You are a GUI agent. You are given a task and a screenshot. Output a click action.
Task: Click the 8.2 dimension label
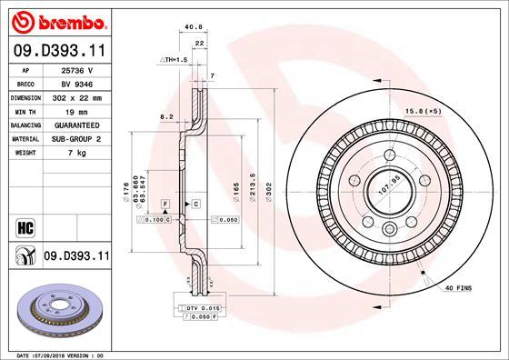coord(166,116)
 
